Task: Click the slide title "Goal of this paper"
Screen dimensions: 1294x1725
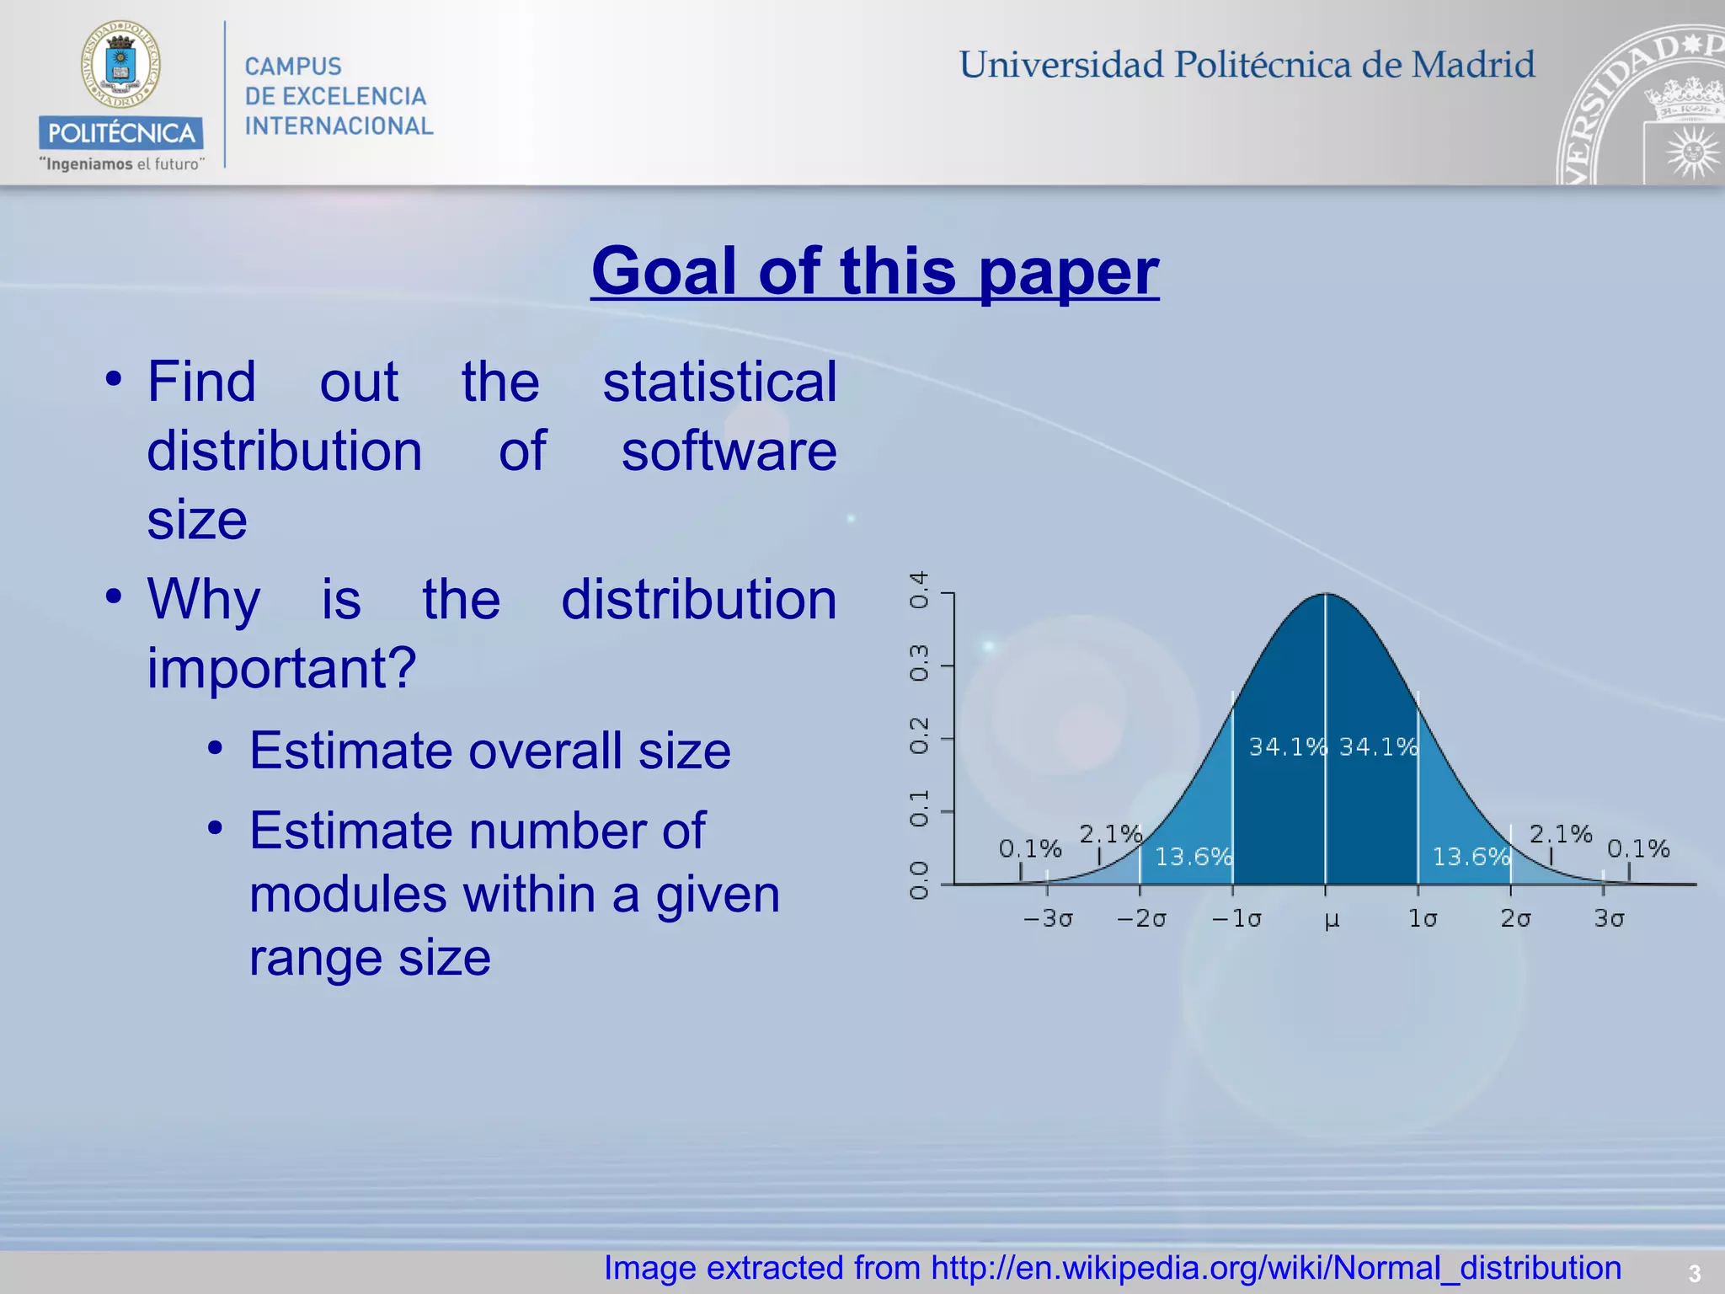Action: coord(874,271)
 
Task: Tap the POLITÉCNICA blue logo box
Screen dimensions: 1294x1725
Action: coord(120,133)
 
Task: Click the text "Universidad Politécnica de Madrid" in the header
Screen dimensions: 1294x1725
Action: coord(1247,65)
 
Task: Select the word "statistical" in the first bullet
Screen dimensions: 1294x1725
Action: coord(719,382)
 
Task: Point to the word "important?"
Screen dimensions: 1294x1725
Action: coord(281,668)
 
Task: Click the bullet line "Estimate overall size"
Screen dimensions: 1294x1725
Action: coord(489,751)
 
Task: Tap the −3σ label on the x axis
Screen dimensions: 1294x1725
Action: coord(1047,918)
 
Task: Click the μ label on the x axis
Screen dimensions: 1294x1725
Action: coord(1331,919)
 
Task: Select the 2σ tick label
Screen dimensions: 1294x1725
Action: coord(1514,918)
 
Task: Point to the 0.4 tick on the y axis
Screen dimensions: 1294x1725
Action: coord(919,590)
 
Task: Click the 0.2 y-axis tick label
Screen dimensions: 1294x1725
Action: coord(919,736)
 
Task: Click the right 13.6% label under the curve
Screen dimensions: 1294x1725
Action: coord(1471,857)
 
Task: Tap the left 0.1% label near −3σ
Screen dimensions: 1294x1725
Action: coord(1029,848)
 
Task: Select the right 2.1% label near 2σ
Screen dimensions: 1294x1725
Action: coord(1560,834)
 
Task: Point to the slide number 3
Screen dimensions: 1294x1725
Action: coord(1695,1273)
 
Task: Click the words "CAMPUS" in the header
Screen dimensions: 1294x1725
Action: coord(293,67)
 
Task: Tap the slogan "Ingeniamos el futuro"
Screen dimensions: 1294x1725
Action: coord(121,164)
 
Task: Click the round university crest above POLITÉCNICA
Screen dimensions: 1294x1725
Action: coord(120,65)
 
